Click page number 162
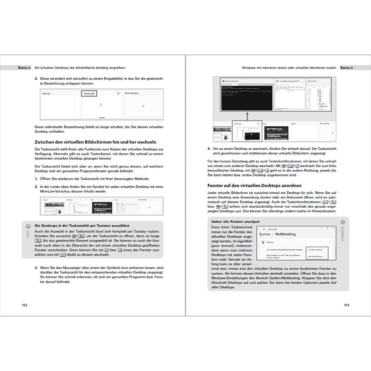pos(24,305)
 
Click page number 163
pos(346,305)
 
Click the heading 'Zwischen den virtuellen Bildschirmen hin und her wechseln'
pos(93,142)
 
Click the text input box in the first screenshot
pos(90,93)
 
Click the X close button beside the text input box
pos(118,93)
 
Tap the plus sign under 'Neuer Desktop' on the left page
pos(143,106)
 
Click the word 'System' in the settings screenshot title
pos(265,234)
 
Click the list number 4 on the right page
pos(210,148)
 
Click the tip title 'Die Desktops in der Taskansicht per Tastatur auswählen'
pos(82,226)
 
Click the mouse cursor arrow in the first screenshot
pos(101,105)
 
